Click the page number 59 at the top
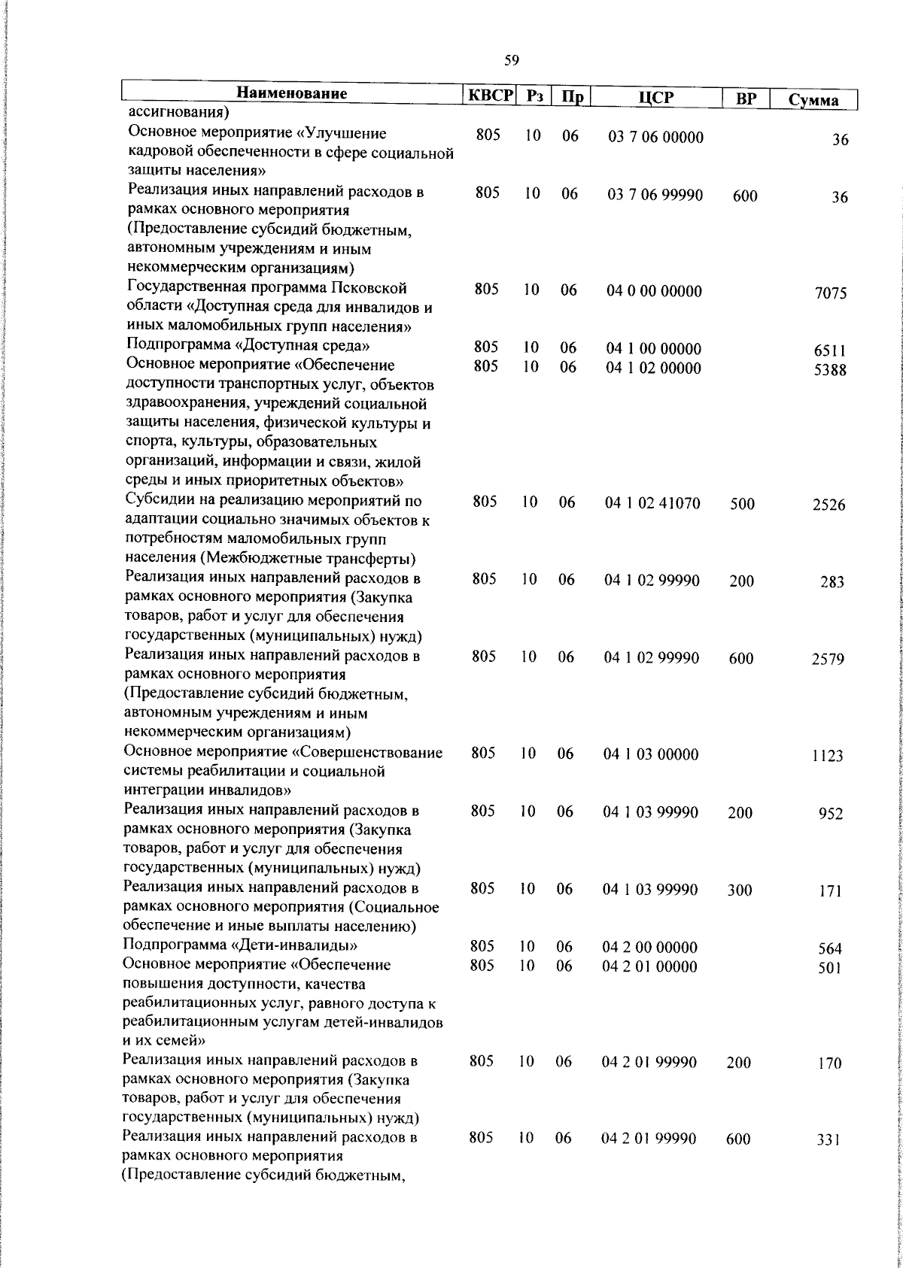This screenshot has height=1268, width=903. [x=512, y=60]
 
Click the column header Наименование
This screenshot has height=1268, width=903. [x=292, y=94]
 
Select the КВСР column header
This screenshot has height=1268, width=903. [x=489, y=97]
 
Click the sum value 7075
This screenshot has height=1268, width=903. [x=830, y=293]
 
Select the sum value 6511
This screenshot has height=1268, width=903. [x=830, y=350]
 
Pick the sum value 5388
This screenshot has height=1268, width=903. [x=830, y=370]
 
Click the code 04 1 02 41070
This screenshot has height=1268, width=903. [x=653, y=503]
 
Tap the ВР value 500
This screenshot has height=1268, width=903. [x=742, y=505]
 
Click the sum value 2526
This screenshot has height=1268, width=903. [x=829, y=505]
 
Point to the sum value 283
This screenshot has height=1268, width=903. [x=832, y=582]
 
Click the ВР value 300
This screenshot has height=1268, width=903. [x=740, y=890]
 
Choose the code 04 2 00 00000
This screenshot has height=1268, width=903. [x=650, y=947]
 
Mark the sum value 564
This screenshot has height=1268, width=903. [x=830, y=949]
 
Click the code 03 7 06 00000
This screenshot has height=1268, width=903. [x=655, y=137]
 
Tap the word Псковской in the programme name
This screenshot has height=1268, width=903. [x=369, y=288]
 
